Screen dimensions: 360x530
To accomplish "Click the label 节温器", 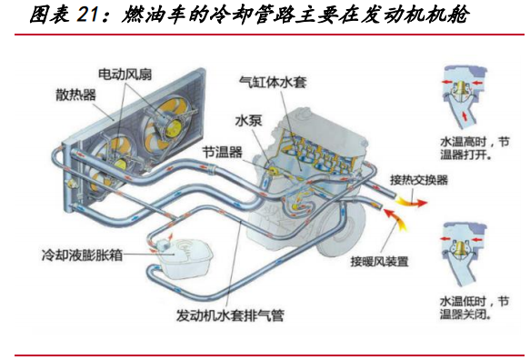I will point(222,153).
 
